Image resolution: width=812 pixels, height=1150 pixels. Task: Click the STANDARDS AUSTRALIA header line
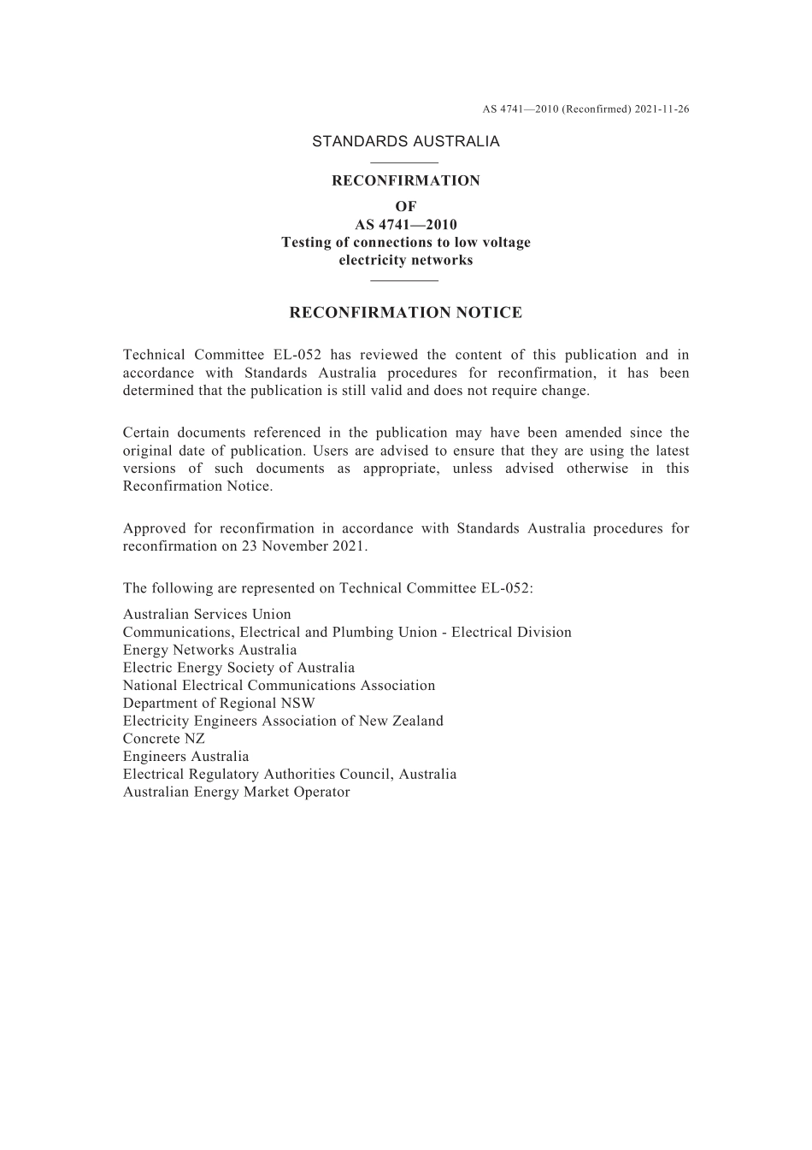coord(405,142)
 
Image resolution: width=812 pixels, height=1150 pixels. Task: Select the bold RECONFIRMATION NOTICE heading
coord(405,313)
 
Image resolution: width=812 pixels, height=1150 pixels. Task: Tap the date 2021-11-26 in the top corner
coord(662,109)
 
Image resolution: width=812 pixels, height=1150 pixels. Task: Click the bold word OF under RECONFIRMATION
coord(405,206)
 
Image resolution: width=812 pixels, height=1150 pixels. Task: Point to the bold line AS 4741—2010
coord(405,225)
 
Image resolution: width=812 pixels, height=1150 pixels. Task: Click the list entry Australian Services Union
coord(207,614)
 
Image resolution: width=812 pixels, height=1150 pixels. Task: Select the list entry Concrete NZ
coord(164,739)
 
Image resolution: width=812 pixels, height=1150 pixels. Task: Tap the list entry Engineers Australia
coord(186,757)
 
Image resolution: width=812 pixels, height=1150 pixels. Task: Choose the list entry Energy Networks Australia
coord(210,650)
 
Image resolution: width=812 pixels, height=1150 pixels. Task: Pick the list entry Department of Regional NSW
coord(219,703)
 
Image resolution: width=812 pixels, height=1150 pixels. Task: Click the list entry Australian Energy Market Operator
coord(237,792)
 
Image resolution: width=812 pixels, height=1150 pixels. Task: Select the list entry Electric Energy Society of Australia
coord(238,668)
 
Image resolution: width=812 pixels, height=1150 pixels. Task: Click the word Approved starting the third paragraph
coord(153,528)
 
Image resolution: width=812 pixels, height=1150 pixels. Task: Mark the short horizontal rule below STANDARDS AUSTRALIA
coord(405,162)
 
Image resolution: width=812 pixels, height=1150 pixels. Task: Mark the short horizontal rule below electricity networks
coord(405,280)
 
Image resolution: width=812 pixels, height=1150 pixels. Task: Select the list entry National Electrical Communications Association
coord(279,685)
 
